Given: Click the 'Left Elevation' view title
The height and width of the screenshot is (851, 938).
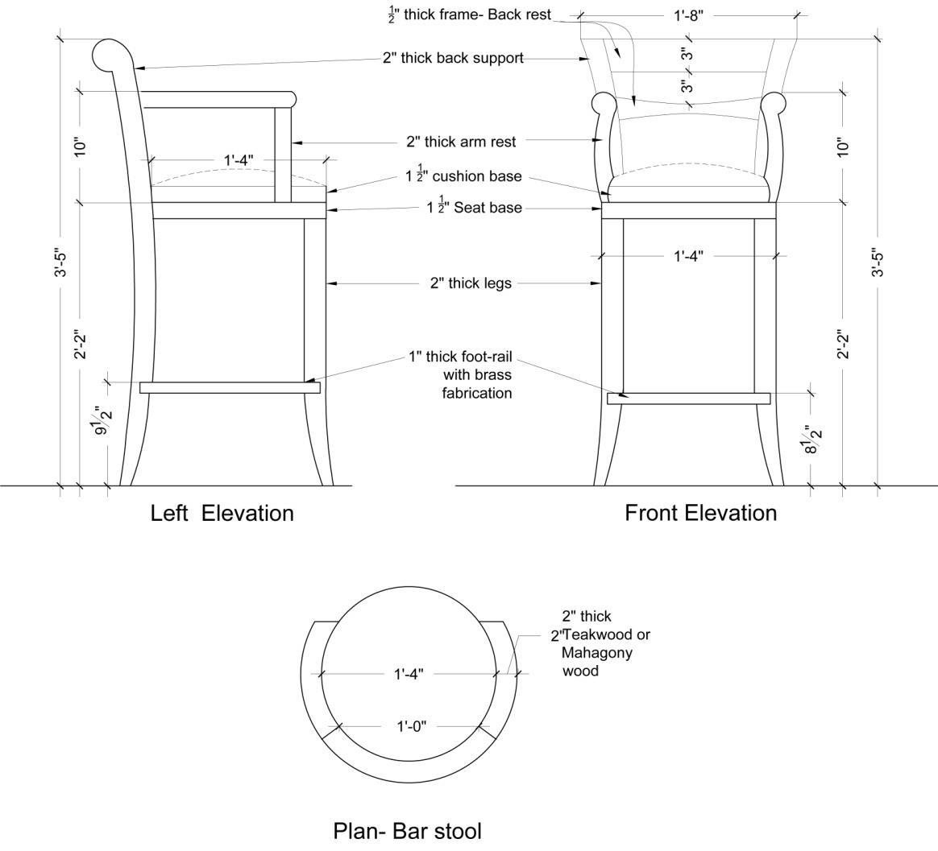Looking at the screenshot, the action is (x=222, y=513).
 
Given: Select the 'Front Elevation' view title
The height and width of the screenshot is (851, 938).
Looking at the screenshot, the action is (x=700, y=513).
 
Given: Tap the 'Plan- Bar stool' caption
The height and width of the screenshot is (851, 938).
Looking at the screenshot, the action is (x=407, y=830).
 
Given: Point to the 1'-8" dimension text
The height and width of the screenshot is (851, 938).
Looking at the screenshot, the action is (x=688, y=15).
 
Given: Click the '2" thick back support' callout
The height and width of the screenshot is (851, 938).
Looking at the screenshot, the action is (x=453, y=58).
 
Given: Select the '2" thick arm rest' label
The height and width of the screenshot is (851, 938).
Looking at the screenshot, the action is (x=460, y=142).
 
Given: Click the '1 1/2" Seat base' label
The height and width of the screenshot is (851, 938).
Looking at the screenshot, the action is (x=474, y=208).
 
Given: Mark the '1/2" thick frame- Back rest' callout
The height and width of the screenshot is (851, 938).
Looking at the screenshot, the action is (x=470, y=14).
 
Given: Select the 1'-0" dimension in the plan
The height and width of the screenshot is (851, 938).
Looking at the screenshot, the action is (x=411, y=727).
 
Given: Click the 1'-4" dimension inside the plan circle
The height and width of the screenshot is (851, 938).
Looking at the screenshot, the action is (x=409, y=674).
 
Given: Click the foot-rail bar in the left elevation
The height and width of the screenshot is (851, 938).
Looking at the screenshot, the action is (x=230, y=387).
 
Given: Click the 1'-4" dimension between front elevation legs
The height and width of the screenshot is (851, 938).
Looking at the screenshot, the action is (x=688, y=256).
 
